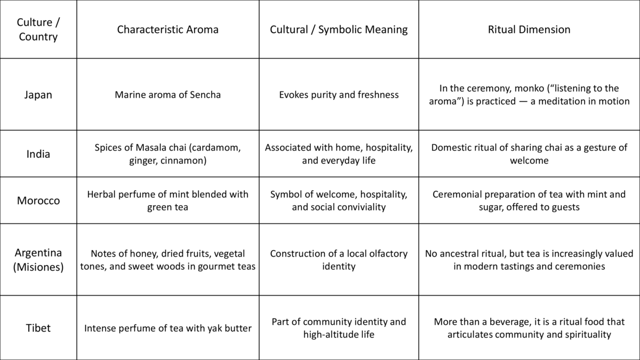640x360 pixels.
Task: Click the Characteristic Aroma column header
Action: tap(167, 29)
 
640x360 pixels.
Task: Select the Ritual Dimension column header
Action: tap(529, 29)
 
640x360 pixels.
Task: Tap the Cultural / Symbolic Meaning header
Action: tap(339, 29)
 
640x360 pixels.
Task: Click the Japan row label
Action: tap(38, 94)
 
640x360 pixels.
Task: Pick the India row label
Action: tap(38, 154)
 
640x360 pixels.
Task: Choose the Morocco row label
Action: tap(38, 201)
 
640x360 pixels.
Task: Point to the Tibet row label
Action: tap(38, 327)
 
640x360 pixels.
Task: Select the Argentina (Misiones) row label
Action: tap(38, 259)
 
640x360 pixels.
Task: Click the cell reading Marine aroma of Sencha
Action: tap(167, 94)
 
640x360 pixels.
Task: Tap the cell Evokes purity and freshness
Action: tap(339, 94)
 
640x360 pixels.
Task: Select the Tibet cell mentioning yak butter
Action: tap(167, 328)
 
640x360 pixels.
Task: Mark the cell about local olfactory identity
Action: tap(339, 259)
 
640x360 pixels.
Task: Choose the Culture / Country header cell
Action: tap(38, 29)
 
